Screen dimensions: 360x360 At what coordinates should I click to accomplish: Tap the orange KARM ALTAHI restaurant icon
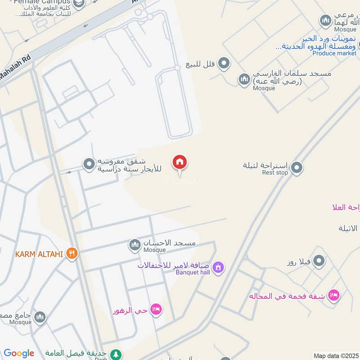coord(72,254)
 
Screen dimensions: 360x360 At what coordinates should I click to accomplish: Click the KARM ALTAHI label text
coord(40,254)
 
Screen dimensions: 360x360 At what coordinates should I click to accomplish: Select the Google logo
coord(19,353)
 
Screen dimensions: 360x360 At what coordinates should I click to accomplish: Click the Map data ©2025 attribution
coord(335,355)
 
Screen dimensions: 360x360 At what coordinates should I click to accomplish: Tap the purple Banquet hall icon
coord(218,267)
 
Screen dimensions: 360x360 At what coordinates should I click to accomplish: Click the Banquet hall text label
coord(193,272)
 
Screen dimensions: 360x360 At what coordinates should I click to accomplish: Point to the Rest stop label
coord(274,173)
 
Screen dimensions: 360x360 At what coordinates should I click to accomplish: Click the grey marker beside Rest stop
coord(296,168)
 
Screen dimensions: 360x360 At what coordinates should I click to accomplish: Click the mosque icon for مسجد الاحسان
coord(134,245)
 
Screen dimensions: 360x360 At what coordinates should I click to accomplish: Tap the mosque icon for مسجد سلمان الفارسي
coord(244,79)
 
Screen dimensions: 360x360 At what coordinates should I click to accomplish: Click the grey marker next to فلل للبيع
coord(224,63)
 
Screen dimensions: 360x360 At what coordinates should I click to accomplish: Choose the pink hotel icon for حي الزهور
coord(157,309)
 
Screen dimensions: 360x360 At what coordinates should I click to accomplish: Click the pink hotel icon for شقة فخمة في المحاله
coord(333,295)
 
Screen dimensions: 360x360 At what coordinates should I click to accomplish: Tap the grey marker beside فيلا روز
coord(319,261)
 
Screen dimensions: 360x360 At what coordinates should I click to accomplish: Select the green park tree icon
coord(116,354)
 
